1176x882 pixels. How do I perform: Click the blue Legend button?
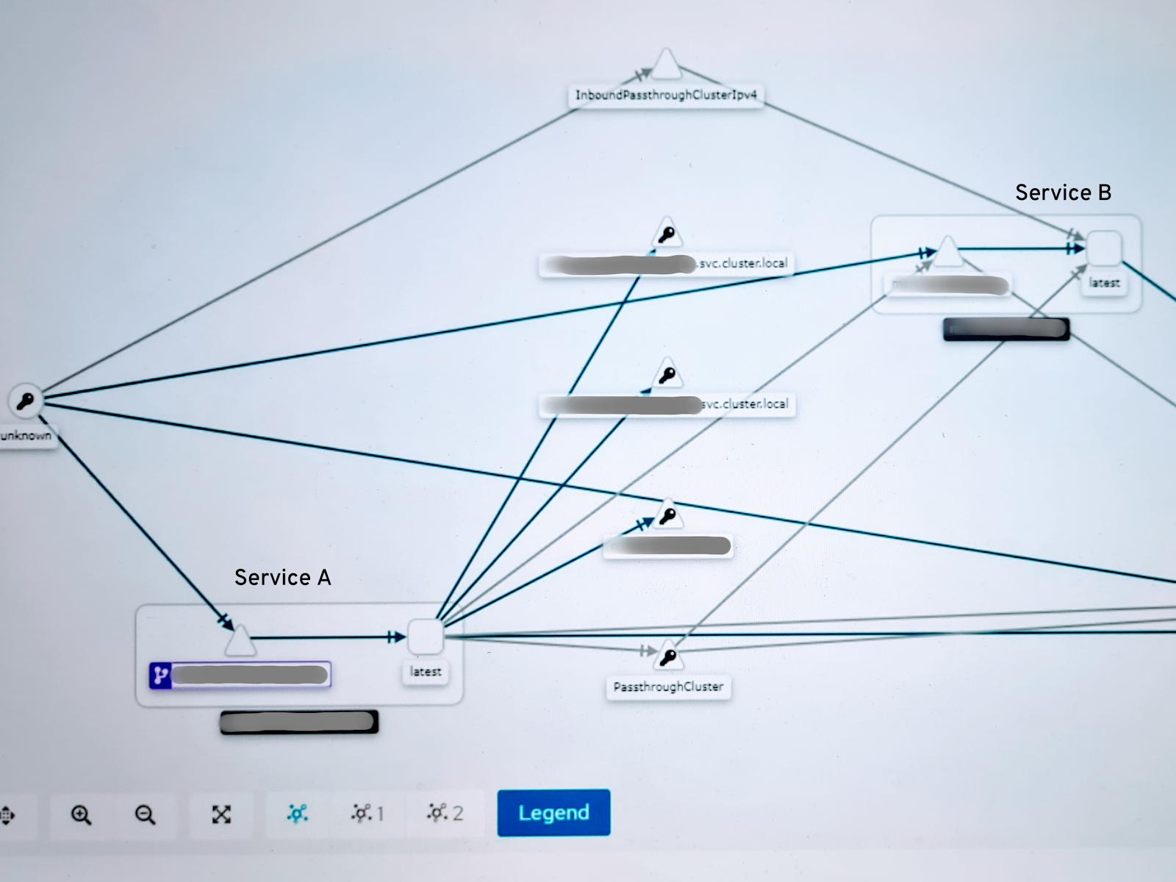553,812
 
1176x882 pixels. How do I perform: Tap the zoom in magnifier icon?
81,814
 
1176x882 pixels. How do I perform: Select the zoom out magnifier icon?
145,814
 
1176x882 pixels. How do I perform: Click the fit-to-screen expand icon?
221,814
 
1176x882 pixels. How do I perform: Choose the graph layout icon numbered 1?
367,813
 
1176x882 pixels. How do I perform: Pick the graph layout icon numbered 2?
445,813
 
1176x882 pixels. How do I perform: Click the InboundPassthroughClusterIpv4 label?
666,95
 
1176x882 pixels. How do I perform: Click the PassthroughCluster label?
668,686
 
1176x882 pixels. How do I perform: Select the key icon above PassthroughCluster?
668,656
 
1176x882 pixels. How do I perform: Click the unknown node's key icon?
25,401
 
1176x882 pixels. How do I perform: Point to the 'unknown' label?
26,435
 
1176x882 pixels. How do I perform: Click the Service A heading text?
283,578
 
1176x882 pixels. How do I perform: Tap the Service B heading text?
1063,193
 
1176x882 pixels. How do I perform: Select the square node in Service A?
425,637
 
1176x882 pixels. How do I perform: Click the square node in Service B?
1103,248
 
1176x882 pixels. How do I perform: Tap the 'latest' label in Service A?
426,671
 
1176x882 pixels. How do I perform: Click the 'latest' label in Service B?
1104,282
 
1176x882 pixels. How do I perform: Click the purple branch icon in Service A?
160,675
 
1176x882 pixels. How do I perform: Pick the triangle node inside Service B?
948,253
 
